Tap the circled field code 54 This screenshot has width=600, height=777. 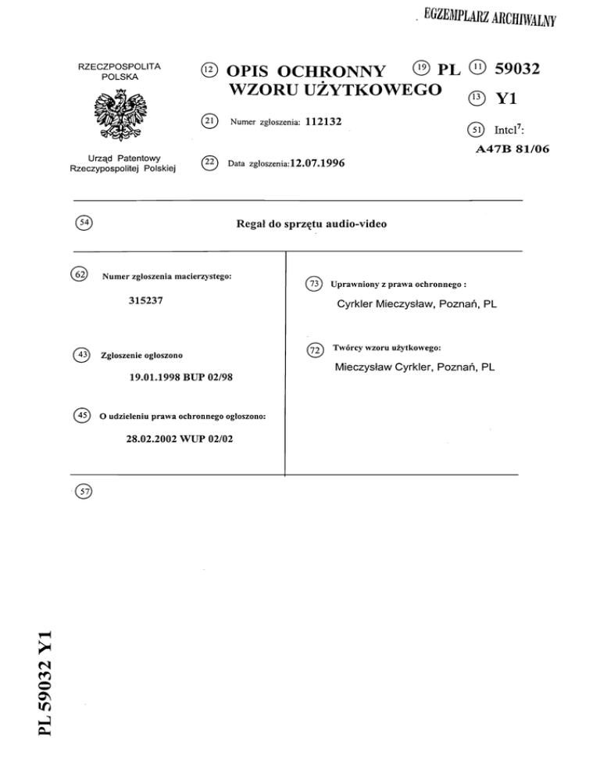[x=80, y=224]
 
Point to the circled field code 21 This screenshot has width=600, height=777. [x=208, y=120]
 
